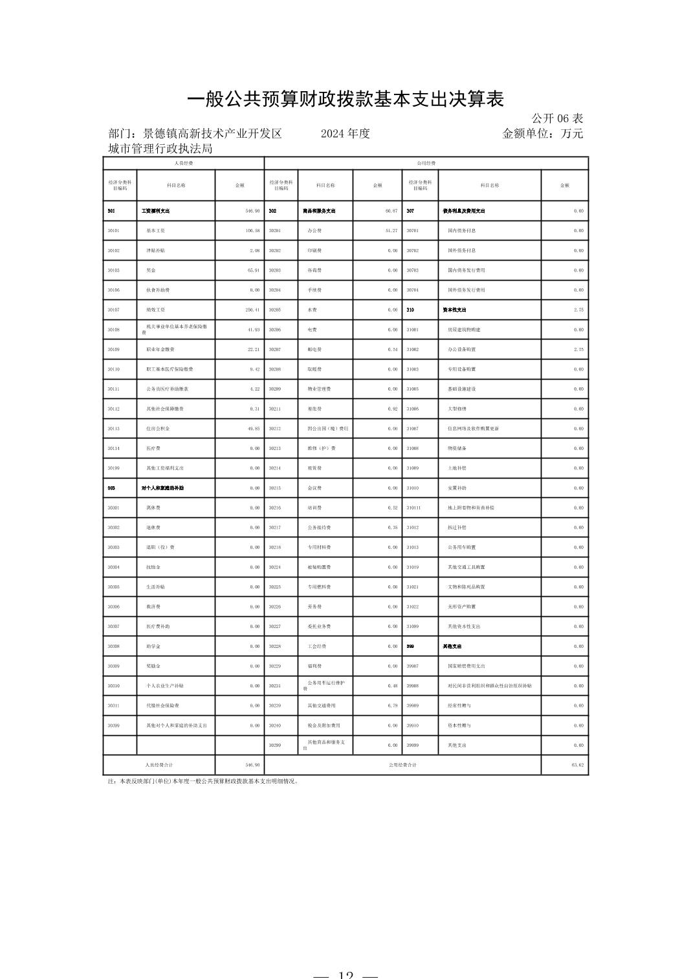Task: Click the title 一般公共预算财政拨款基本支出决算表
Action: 345,99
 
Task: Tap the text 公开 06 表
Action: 557,118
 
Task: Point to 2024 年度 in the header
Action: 345,134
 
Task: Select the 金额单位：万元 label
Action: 542,134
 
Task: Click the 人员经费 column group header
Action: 184,164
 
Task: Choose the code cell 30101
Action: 114,231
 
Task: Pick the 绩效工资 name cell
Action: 155,310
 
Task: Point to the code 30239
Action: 275,705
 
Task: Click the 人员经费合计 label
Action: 159,765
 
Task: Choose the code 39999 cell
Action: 413,746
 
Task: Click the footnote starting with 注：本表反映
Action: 203,781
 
